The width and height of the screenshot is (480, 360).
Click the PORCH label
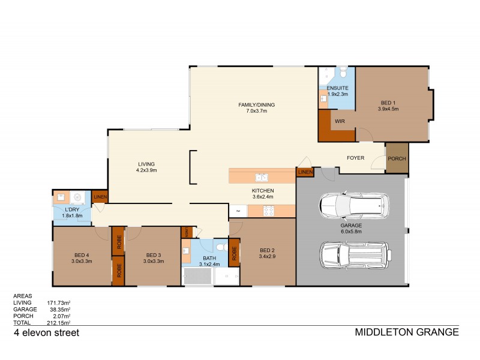click(x=397, y=158)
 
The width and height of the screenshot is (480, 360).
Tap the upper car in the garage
click(x=355, y=206)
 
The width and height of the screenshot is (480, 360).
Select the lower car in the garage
click(x=355, y=255)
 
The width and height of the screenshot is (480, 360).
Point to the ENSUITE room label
click(x=337, y=88)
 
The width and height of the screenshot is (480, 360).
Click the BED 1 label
click(x=389, y=102)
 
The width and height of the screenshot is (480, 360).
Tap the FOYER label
click(x=356, y=158)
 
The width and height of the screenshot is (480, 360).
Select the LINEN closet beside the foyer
click(x=305, y=173)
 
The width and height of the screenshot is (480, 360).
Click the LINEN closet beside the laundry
click(x=100, y=197)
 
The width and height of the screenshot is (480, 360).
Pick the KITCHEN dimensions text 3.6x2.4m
click(x=262, y=197)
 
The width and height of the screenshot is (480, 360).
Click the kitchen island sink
click(x=261, y=177)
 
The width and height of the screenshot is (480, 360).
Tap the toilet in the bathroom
click(x=220, y=247)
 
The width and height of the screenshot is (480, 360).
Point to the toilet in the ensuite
click(x=343, y=73)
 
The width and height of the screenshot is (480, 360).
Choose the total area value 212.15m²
click(x=58, y=322)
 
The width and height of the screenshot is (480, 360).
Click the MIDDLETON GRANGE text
click(x=407, y=332)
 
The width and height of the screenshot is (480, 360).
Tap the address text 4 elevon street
click(x=47, y=332)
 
